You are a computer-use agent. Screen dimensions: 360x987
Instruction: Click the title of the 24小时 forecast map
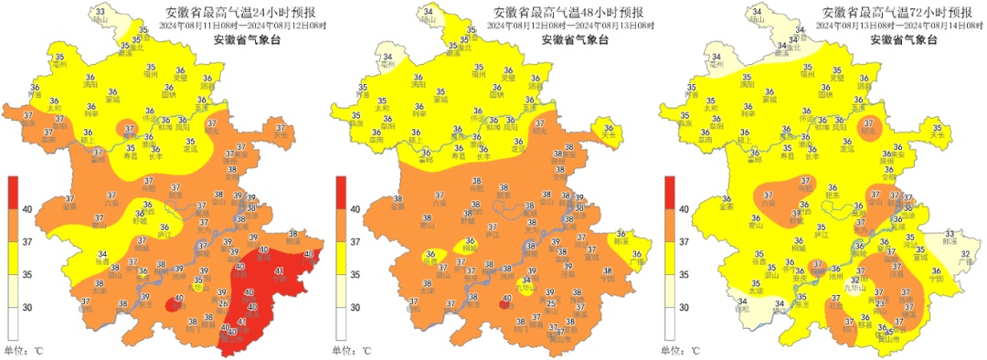pos(239,12)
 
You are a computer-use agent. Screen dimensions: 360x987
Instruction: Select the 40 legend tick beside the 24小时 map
pos(27,210)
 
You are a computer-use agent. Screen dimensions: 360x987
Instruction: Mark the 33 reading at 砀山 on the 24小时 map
pos(101,10)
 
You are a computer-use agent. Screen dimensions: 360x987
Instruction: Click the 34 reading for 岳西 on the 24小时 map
pos(102,255)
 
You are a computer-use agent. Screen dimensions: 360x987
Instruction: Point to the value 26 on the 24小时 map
pos(224,302)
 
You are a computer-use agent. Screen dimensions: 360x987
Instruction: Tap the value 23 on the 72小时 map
pos(880,302)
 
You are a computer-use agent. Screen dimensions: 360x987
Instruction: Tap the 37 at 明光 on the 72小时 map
pos(868,123)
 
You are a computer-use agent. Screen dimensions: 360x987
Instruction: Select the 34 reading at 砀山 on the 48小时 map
pos(429,10)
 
